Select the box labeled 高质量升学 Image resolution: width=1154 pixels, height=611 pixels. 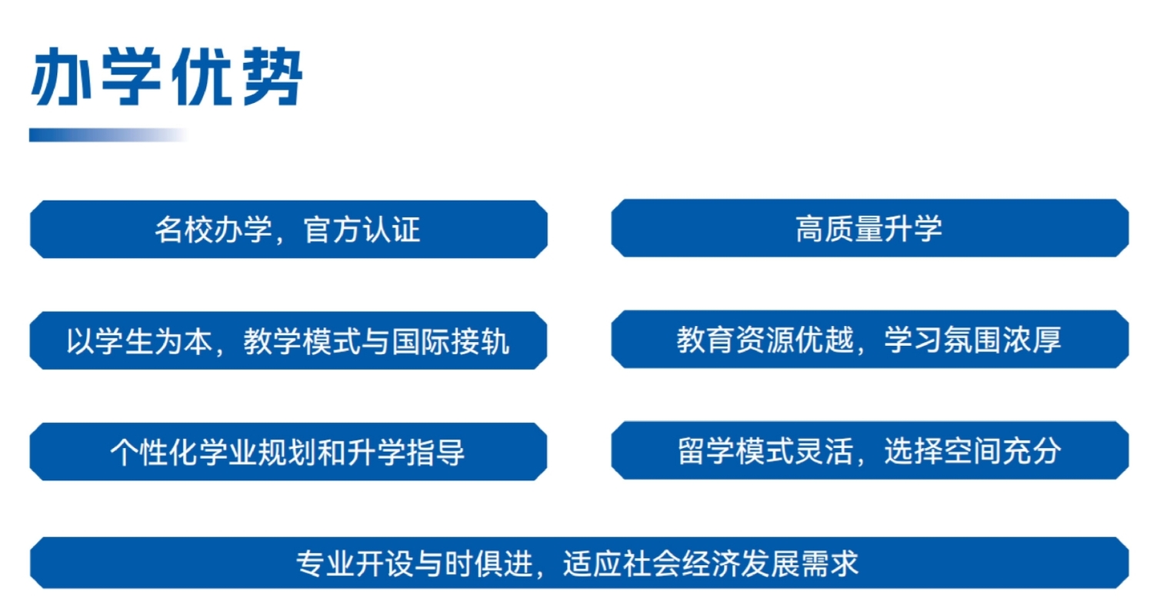tap(869, 229)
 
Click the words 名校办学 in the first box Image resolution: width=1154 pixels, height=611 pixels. tap(212, 230)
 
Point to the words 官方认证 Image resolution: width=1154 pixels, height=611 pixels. tap(362, 230)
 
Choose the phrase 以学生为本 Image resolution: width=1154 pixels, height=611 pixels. tap(138, 340)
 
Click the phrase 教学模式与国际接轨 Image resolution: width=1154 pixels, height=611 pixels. tap(376, 340)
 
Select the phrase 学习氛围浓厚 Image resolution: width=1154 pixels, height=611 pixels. tap(973, 339)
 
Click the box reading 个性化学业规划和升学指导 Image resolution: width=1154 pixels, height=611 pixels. tap(288, 451)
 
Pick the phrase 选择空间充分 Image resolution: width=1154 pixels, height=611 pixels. tap(973, 450)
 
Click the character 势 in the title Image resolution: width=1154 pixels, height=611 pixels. tap(268, 79)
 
